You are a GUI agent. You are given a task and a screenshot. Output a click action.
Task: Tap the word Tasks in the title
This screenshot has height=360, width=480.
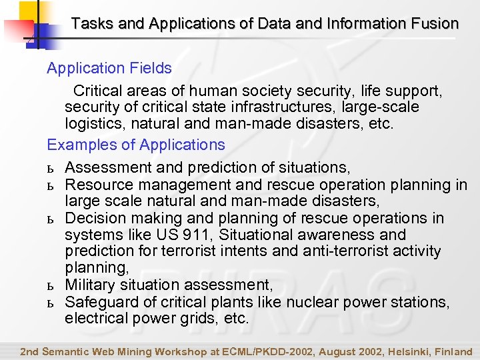[x=89, y=24]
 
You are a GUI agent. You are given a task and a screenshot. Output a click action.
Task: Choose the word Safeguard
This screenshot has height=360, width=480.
[x=99, y=302]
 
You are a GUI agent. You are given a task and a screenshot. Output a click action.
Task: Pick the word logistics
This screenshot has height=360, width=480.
[x=91, y=123]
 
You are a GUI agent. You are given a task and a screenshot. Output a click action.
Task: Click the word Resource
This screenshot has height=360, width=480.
[x=93, y=185]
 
